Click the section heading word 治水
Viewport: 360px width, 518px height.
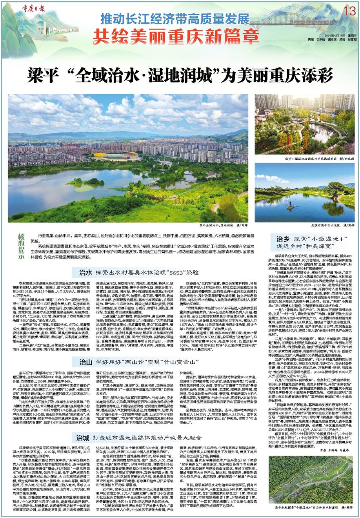85,272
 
